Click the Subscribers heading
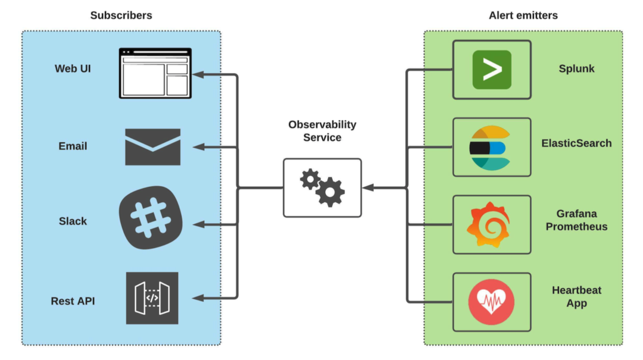121,15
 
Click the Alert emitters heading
523,15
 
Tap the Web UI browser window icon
155,73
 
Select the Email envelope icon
152,147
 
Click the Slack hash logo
151,221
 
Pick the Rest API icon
152,298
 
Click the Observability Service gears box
321,187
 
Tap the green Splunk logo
491,70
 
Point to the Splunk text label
576,68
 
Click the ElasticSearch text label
576,143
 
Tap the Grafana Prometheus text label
576,220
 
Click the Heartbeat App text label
576,296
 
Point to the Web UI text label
73,68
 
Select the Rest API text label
73,301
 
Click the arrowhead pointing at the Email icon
199,146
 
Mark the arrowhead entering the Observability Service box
367,187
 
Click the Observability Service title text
322,131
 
